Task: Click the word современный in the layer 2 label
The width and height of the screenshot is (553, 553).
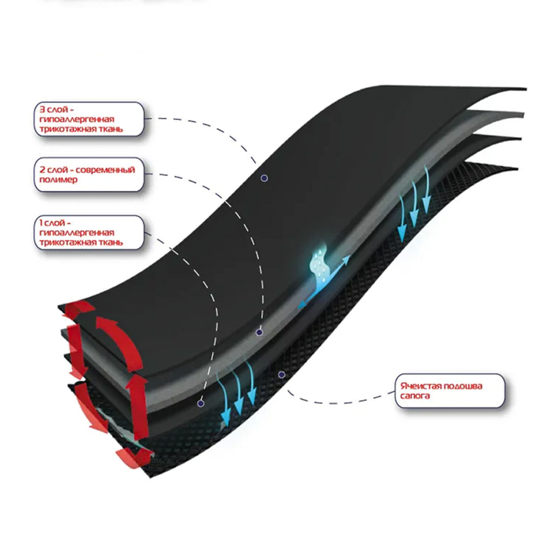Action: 105,170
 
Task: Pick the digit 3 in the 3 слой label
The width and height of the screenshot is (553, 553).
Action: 41,110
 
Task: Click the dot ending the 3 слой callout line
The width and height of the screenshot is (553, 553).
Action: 264,178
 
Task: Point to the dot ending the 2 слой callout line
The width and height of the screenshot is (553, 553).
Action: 259,332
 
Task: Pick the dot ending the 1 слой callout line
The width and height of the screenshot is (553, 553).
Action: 200,403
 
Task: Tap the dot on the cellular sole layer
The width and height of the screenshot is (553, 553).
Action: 281,375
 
